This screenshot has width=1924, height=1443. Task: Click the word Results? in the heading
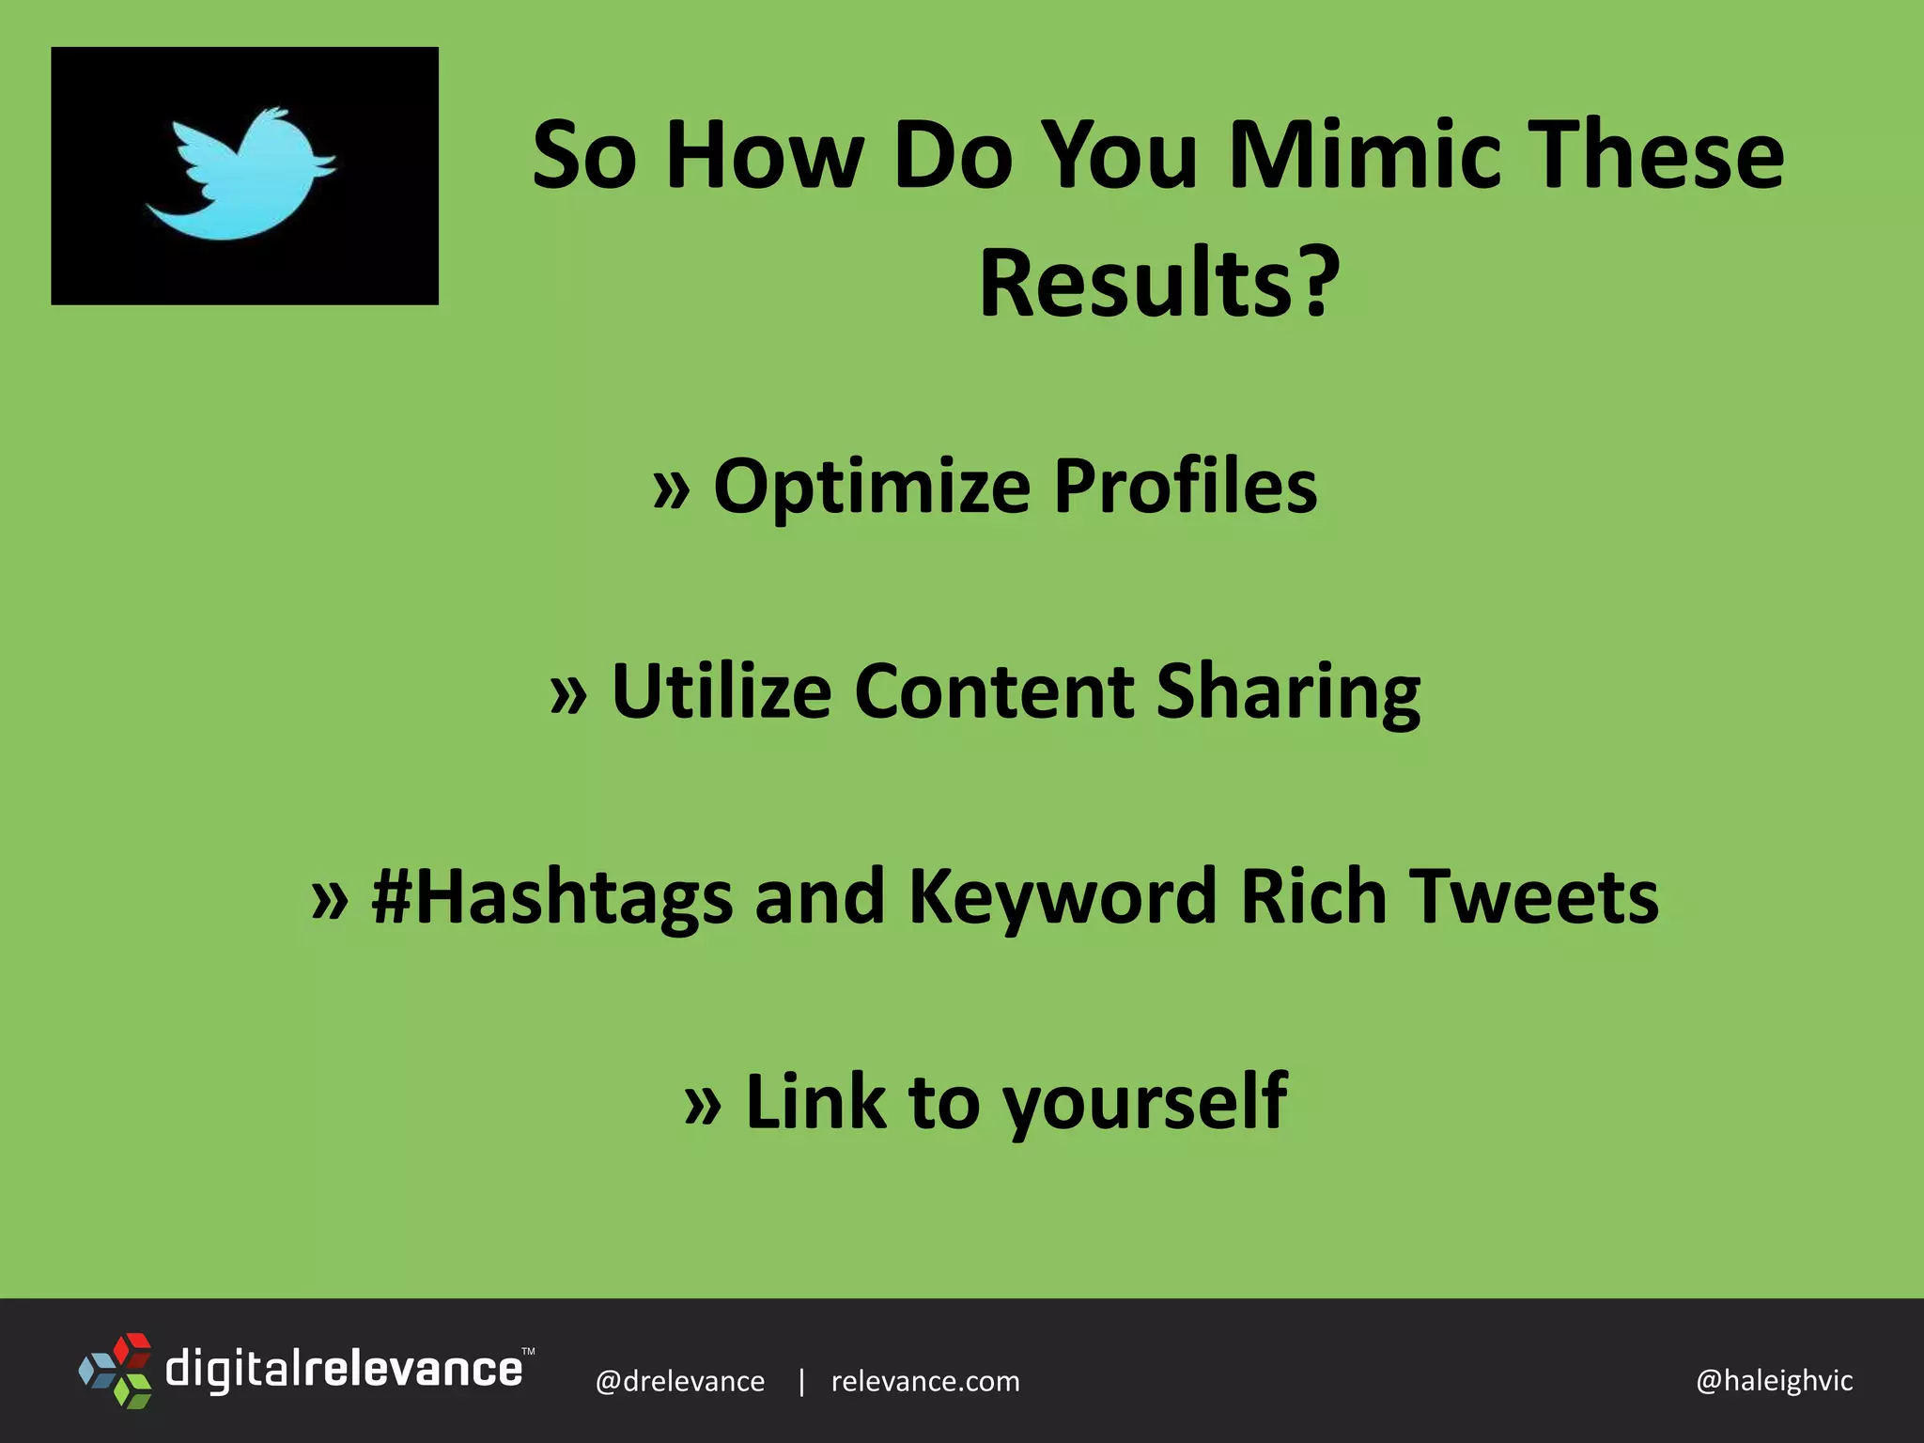(x=1159, y=284)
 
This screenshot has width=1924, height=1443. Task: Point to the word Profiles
(x=1186, y=487)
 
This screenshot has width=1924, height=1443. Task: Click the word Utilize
(x=721, y=691)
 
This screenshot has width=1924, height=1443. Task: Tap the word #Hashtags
(x=551, y=897)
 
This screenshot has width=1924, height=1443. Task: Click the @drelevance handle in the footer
(x=680, y=1381)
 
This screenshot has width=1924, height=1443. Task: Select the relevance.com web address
(x=925, y=1381)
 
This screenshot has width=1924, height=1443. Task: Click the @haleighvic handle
(x=1774, y=1381)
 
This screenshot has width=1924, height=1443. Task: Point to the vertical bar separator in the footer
(x=801, y=1381)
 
